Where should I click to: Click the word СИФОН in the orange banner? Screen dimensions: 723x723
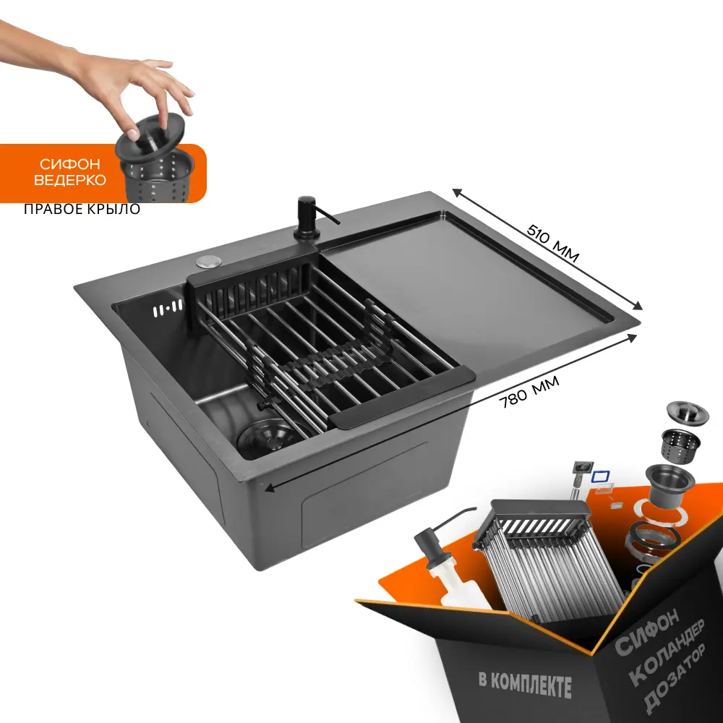[69, 164]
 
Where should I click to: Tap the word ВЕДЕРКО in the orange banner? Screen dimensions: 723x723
[69, 180]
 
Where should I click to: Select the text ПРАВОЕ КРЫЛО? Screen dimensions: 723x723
[82, 209]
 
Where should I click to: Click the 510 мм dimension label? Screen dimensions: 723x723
[552, 243]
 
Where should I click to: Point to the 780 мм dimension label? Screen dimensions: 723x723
[530, 391]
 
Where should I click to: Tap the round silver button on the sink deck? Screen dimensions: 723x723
[209, 261]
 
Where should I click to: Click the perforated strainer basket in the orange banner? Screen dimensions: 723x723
[158, 178]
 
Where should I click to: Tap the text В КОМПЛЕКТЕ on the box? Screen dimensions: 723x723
[525, 684]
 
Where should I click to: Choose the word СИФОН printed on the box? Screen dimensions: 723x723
[646, 633]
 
